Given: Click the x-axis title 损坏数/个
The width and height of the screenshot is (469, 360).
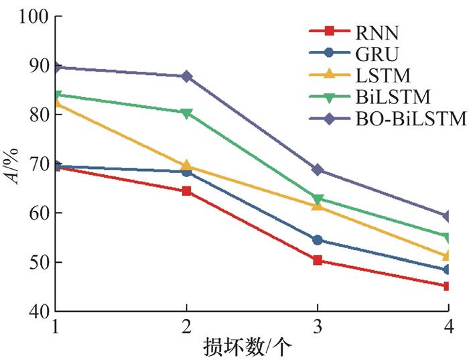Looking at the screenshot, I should (252, 347).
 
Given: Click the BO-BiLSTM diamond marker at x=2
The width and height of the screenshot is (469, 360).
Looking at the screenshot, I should (186, 76).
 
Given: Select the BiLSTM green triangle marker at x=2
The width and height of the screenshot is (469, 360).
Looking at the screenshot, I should (186, 113).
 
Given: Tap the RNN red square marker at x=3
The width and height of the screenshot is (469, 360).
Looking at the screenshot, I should (318, 260).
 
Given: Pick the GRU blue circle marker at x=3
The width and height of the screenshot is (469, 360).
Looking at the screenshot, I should (318, 240).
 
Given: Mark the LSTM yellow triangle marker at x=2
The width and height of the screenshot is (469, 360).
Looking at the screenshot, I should (186, 166).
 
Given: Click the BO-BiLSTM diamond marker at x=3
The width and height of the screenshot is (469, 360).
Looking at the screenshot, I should (318, 170).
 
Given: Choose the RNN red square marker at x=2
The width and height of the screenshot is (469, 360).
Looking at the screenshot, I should (186, 191).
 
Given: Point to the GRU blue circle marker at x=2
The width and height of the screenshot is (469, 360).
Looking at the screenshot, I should (186, 172).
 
